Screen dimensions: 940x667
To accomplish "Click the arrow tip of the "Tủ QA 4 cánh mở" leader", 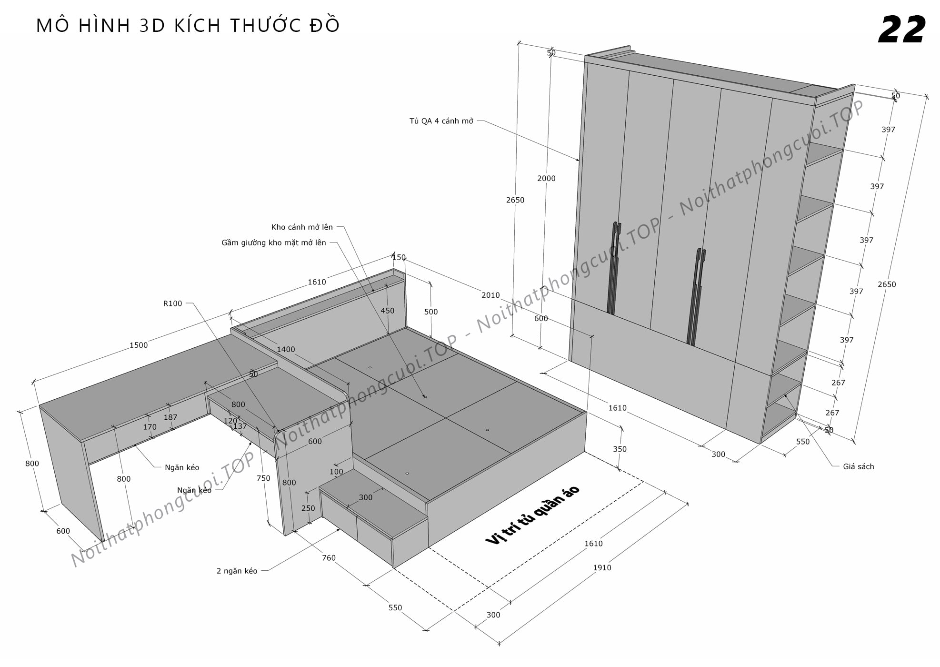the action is pos(579,161).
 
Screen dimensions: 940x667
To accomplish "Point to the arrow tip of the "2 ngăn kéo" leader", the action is pos(340,528).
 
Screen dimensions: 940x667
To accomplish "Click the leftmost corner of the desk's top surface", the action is pos(40,405).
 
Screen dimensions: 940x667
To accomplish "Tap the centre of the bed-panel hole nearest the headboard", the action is pos(370,367).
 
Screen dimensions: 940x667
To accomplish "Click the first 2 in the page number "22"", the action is pos(890,30).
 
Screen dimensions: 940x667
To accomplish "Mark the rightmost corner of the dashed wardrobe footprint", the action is pos(644,482).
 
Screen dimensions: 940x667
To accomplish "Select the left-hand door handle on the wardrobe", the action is pos(614,268).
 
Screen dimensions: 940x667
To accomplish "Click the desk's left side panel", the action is pos(71,472).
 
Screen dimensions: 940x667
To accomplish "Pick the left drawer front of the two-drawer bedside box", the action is pos(339,514).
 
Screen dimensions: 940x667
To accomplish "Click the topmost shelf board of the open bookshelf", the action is pos(824,154).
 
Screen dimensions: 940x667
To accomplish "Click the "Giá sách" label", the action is pos(859,467).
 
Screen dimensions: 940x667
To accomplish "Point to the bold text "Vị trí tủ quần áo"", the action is pos(532,515).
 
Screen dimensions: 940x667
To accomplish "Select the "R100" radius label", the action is pos(172,303).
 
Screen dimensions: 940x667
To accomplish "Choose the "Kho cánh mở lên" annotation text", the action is pos(302,227).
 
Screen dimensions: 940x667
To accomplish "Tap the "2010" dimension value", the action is pos(490,295).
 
